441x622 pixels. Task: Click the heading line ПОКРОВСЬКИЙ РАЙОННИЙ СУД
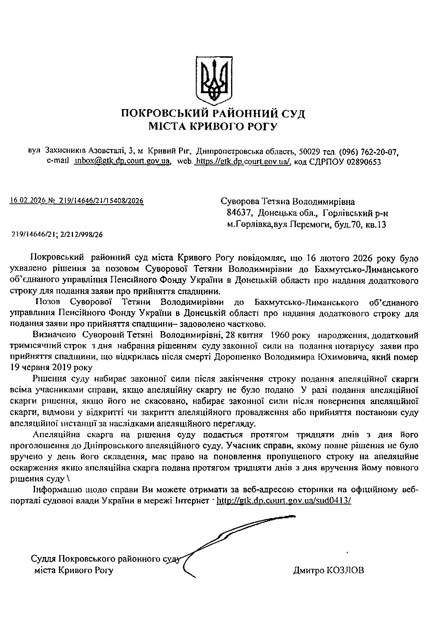213,113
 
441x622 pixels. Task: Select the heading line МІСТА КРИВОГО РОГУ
213,126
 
